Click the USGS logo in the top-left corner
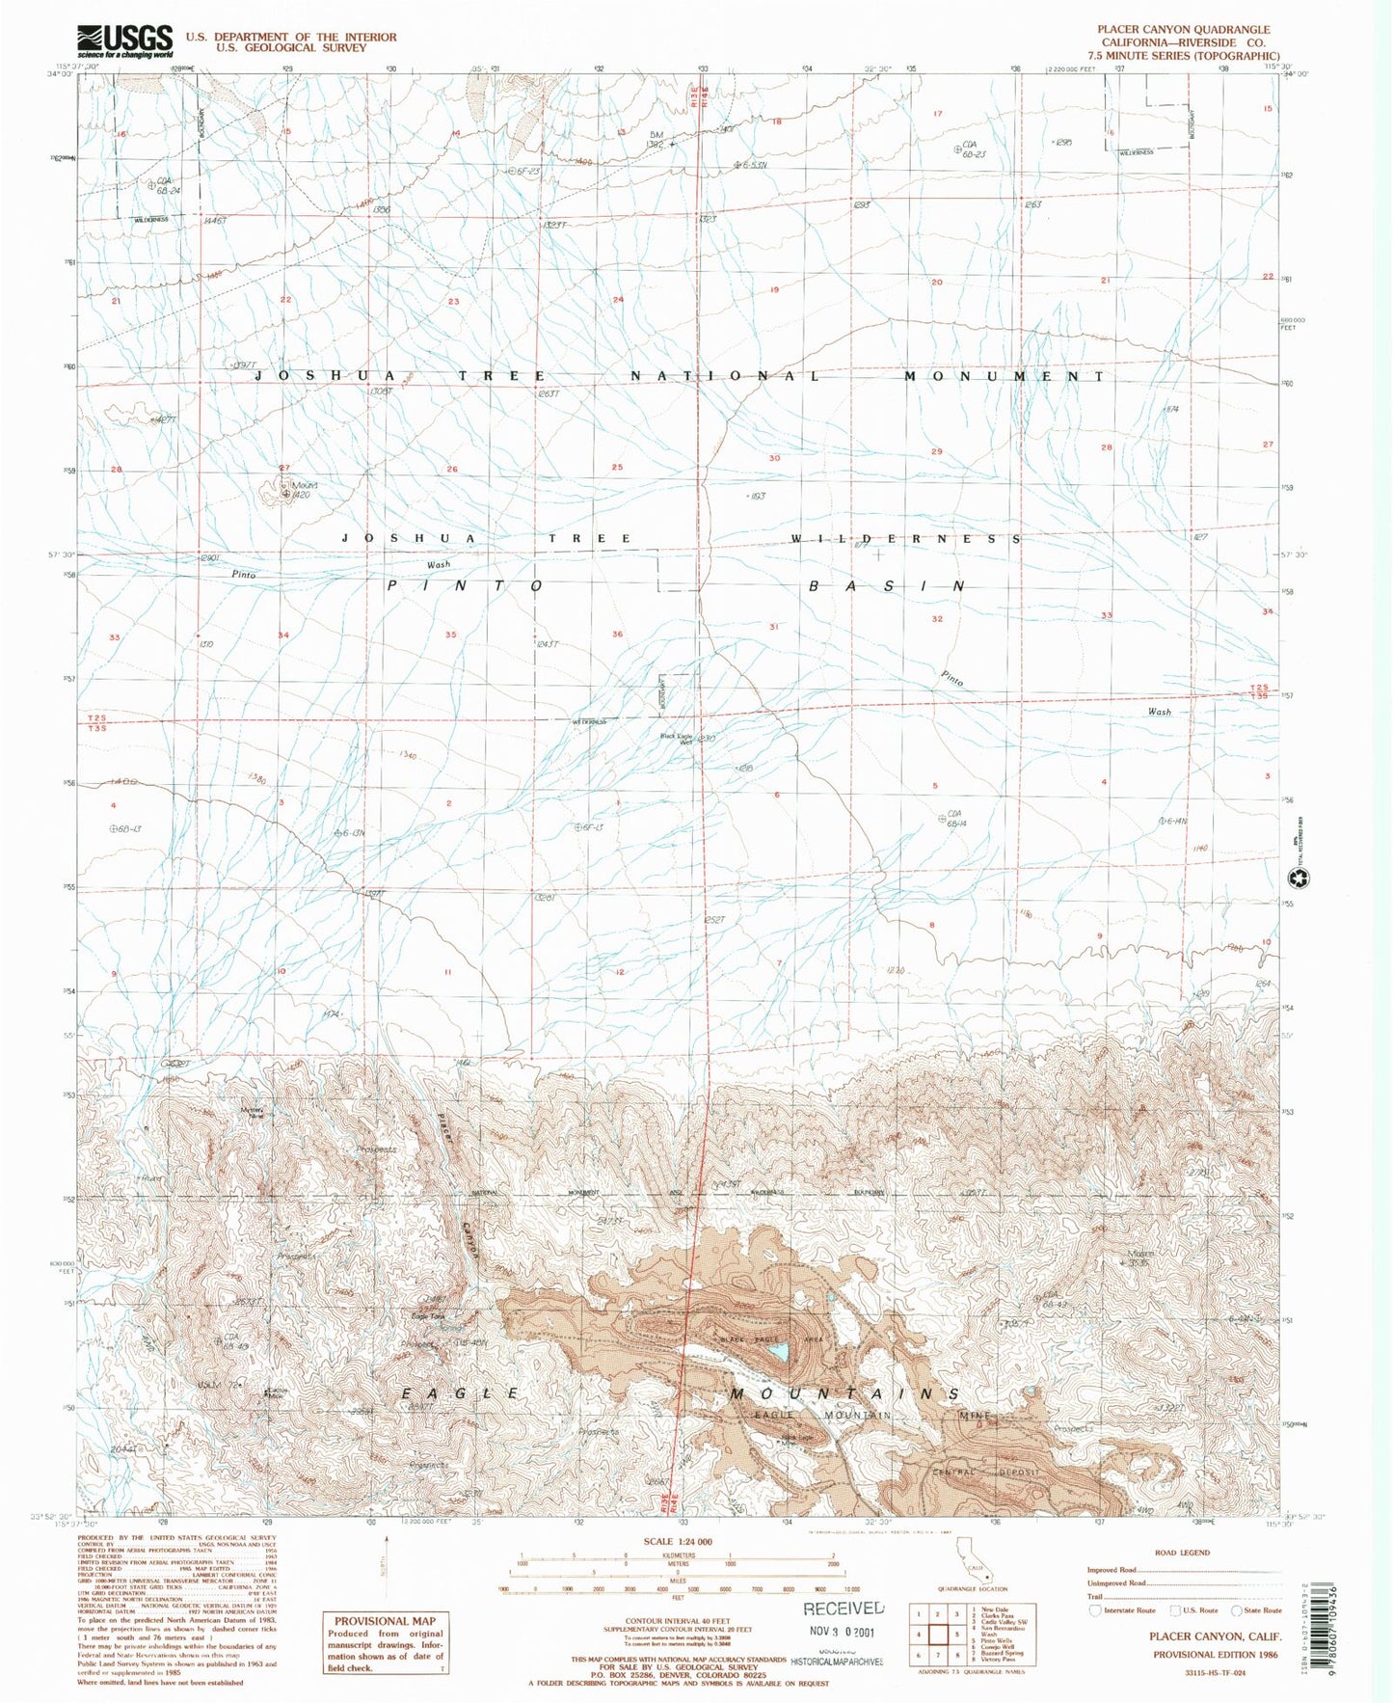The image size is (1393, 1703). [125, 41]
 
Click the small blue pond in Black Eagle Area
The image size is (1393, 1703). [778, 1354]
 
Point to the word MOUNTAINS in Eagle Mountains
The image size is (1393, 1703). [844, 1394]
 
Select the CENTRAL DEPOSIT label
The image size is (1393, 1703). [985, 1473]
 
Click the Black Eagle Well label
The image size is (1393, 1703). [677, 739]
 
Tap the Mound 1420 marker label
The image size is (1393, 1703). [304, 490]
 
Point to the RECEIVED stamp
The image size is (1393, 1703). [844, 1608]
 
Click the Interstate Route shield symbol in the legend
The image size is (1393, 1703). [1095, 1610]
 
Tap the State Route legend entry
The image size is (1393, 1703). [1257, 1610]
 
